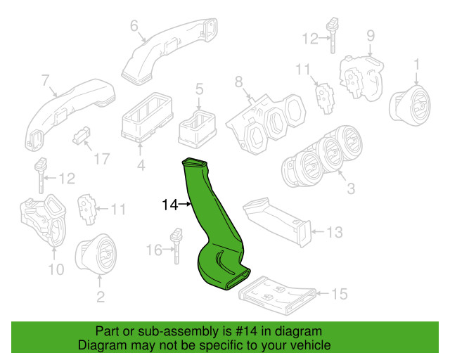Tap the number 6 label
tap(134, 27)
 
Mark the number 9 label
tap(371, 34)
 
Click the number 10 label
tap(56, 269)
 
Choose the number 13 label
tap(335, 231)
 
